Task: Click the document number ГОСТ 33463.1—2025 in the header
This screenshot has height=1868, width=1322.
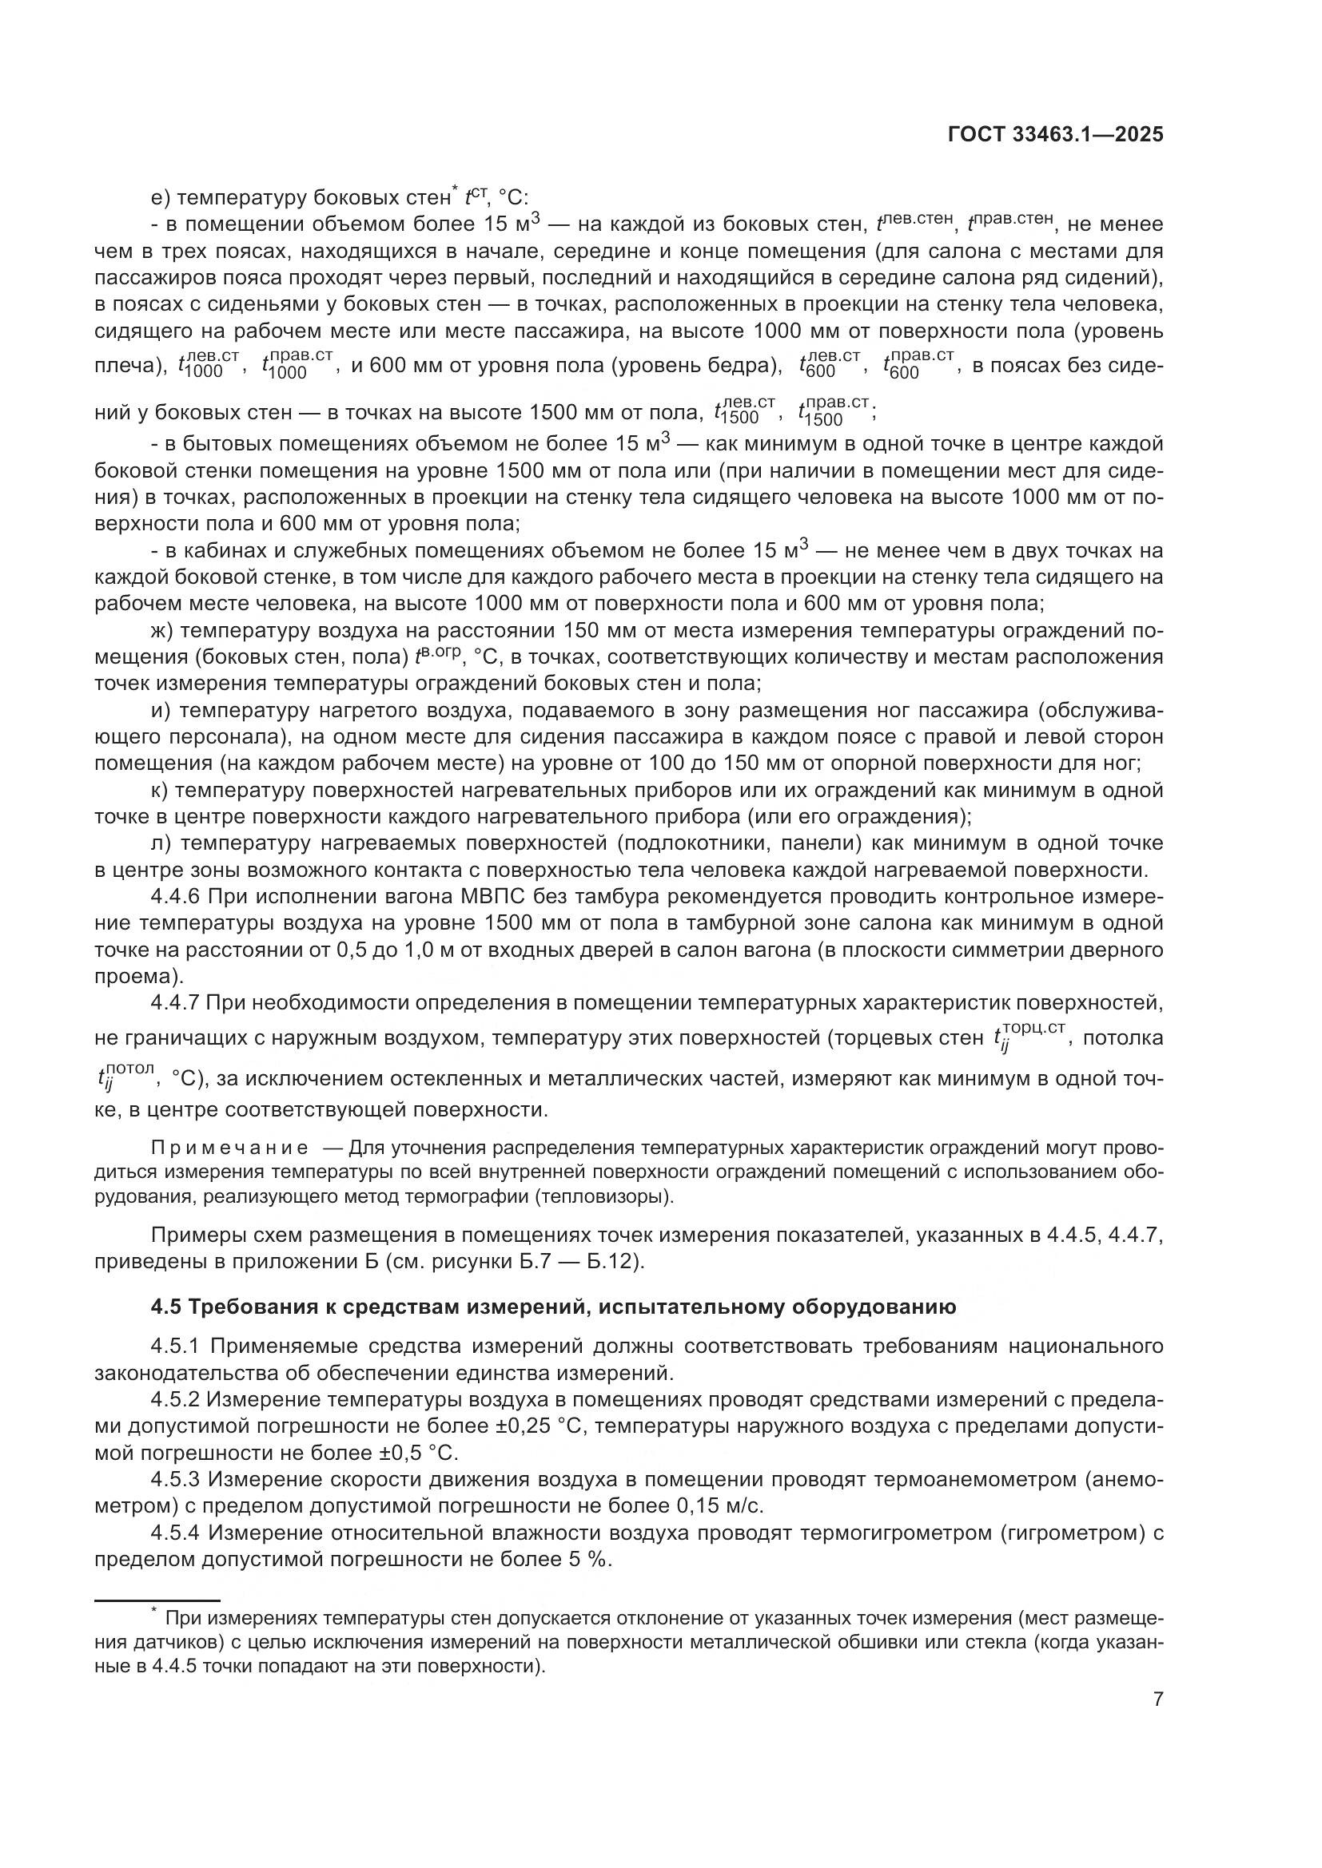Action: pos(1055,135)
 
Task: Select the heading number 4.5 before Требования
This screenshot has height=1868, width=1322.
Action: pos(165,1307)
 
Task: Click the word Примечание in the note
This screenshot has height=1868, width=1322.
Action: pos(229,1148)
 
